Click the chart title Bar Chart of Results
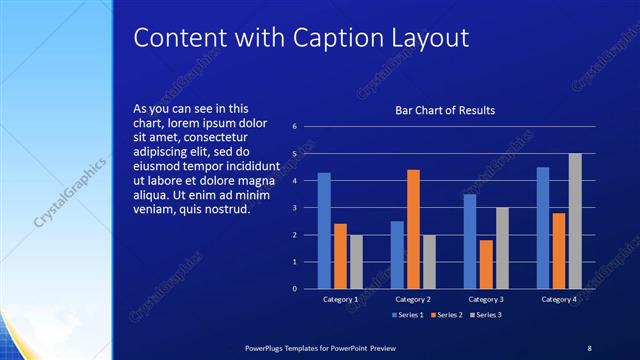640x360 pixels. pos(445,110)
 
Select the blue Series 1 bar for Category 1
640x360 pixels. pos(324,230)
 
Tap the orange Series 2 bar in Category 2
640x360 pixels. pos(413,229)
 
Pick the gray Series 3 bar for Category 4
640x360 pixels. pos(575,221)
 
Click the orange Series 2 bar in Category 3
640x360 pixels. pos(486,264)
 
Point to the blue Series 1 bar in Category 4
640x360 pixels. pos(543,227)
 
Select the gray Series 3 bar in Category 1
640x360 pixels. pos(356,261)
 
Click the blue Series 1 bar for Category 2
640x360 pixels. pos(397,254)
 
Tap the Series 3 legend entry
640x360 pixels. pos(486,315)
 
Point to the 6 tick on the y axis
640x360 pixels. pos(295,127)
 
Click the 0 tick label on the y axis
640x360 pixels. pos(295,288)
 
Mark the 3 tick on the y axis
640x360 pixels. pos(295,208)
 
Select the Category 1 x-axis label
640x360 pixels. pos(340,299)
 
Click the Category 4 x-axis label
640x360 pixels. pos(559,299)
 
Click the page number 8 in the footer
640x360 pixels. pos(589,347)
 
